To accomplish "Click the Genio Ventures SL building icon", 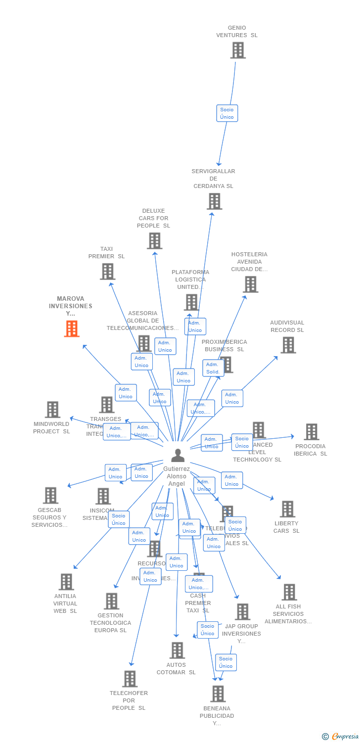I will (238, 50).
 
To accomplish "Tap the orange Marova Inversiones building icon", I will (72, 328).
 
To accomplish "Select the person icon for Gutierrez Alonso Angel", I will (178, 455).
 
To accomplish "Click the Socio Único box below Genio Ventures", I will (227, 113).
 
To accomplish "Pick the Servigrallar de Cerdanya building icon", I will (214, 201).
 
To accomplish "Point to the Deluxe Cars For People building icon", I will (154, 241).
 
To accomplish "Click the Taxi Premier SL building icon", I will (107, 272).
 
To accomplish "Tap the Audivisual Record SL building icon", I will (288, 345).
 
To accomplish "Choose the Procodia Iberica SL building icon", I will (311, 432).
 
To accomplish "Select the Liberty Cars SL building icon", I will (287, 509).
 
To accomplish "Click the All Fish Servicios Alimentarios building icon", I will (289, 592).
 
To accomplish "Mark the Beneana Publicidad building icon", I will (218, 694).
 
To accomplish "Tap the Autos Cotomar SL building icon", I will (177, 650).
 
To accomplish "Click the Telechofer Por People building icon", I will (130, 679).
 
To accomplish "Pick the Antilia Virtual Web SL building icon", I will (66, 582).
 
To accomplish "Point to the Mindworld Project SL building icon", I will (52, 410).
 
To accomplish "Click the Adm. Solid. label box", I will (213, 368).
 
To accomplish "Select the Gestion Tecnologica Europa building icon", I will (111, 601).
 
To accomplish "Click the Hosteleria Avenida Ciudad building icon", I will (250, 284).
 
